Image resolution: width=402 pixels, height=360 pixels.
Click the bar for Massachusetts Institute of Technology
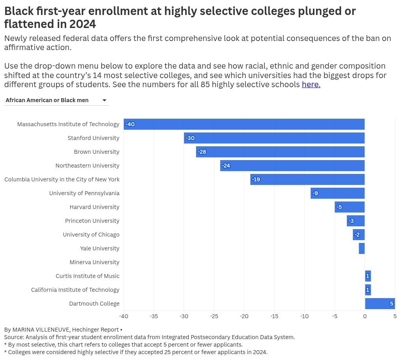[x=244, y=124]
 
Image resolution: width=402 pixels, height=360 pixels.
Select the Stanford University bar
[x=274, y=138]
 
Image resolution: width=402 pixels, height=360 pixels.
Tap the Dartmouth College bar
[x=380, y=304]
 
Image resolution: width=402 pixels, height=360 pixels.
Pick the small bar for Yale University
[x=362, y=248]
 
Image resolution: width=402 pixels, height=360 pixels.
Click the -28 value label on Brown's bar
[x=202, y=152]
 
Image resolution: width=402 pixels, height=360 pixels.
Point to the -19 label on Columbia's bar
[x=256, y=179]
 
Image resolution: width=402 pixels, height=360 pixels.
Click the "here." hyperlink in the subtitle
[x=311, y=84]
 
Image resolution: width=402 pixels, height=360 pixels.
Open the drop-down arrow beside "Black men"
[x=104, y=100]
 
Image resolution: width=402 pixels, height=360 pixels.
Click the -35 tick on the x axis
[x=154, y=316]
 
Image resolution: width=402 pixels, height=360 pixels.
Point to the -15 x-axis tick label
[x=274, y=316]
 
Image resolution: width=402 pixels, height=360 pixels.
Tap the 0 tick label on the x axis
[x=365, y=316]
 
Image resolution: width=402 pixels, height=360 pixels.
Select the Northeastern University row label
[x=87, y=166]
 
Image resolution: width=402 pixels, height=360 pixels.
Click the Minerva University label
[x=94, y=262]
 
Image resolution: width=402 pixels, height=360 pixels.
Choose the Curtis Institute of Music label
[x=87, y=276]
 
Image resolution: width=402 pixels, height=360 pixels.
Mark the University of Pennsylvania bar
[x=338, y=193]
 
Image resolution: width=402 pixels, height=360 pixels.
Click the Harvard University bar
[x=350, y=207]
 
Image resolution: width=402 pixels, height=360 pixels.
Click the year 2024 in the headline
[x=82, y=24]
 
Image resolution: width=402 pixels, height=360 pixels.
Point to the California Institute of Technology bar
[x=368, y=290]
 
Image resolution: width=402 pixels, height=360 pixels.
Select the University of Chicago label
[x=91, y=235]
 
